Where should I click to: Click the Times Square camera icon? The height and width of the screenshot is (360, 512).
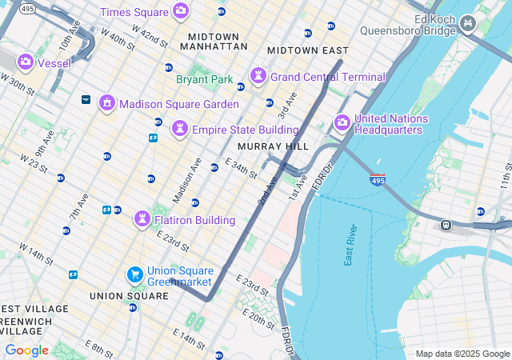[x=181, y=11]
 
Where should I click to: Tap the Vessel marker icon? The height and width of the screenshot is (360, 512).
[x=26, y=62]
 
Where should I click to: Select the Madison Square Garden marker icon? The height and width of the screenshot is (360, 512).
[x=106, y=103]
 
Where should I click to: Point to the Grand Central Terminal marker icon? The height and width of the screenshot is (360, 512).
[x=258, y=76]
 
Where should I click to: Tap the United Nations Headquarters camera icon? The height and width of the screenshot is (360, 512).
[x=342, y=123]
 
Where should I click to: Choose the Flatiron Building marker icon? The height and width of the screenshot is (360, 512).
[x=142, y=218]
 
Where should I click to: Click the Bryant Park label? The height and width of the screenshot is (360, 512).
[x=204, y=80]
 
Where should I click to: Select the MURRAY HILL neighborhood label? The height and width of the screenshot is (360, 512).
[x=273, y=146]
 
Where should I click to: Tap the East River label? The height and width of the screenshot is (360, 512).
[x=351, y=245]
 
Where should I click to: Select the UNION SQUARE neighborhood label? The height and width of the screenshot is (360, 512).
[x=129, y=295]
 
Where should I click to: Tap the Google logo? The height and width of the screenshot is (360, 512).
[x=26, y=350]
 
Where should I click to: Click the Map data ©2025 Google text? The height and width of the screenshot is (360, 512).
[x=462, y=354]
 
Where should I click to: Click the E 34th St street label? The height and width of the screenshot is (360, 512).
[x=241, y=168]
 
